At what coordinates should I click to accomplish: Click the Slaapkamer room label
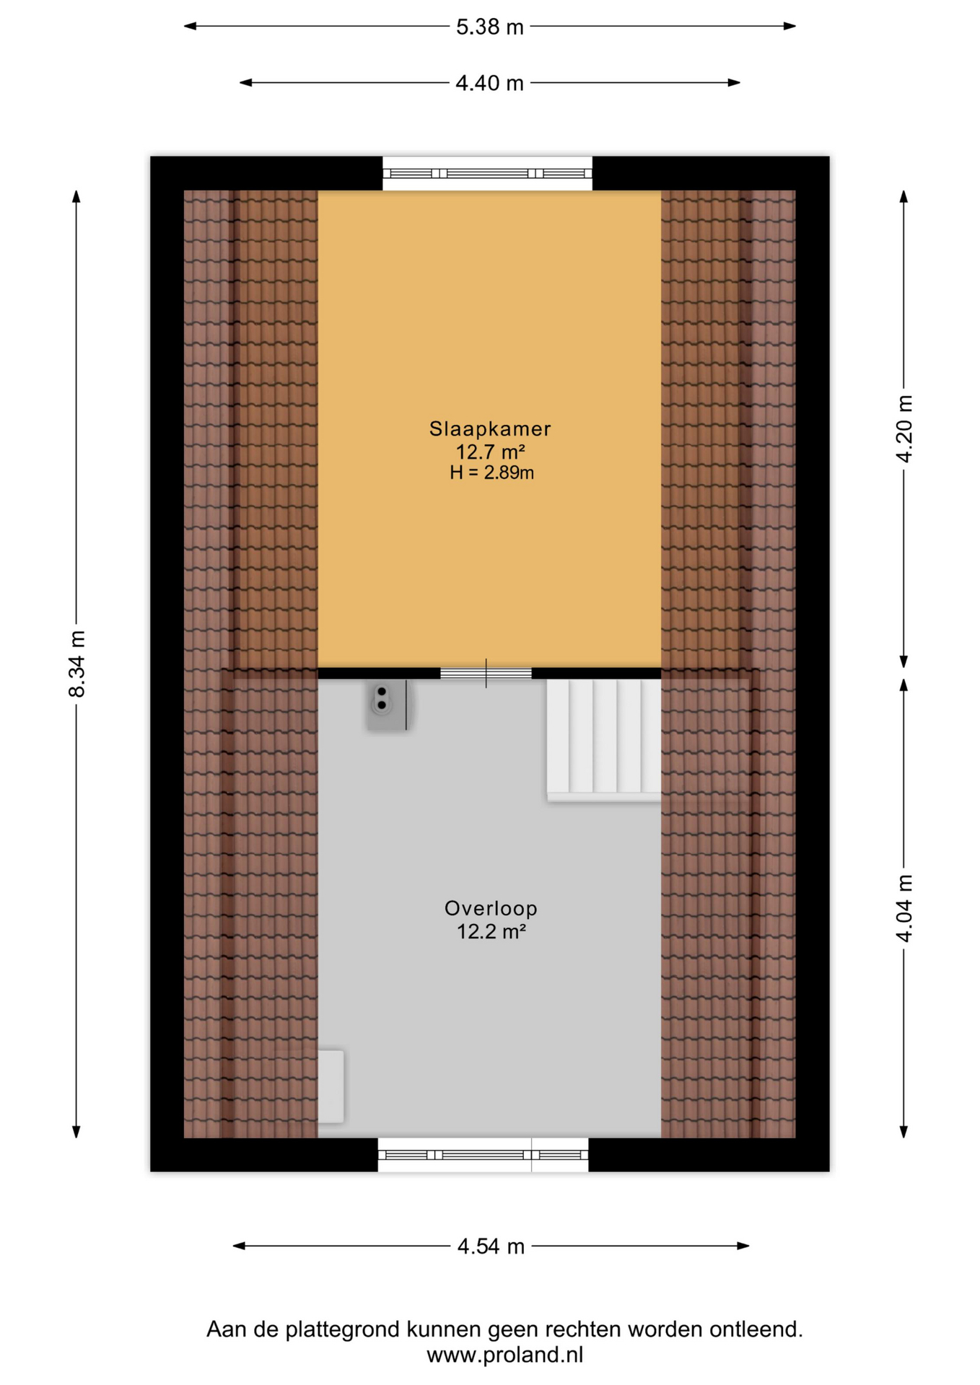(x=490, y=428)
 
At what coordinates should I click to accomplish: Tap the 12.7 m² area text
(x=490, y=452)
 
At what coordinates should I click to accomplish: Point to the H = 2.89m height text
(x=491, y=472)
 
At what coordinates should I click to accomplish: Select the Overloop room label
(x=491, y=908)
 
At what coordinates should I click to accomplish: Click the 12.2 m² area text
(x=491, y=931)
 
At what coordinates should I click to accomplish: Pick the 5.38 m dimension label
(x=489, y=27)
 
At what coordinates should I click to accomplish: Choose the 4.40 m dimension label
(x=489, y=83)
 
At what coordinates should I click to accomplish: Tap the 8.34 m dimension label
(x=76, y=664)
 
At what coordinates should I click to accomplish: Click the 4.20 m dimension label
(x=904, y=428)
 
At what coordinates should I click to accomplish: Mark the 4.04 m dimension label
(x=904, y=908)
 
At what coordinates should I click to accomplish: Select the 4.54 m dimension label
(x=491, y=1246)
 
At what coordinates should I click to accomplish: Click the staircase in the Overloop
(x=603, y=739)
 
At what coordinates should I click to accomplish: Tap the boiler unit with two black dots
(x=388, y=705)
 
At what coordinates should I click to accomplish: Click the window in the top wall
(x=487, y=173)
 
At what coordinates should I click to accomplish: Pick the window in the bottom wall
(x=483, y=1155)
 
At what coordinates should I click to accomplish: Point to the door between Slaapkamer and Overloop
(x=486, y=673)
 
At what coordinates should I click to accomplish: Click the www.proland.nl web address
(x=504, y=1355)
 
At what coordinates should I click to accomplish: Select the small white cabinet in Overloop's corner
(x=331, y=1086)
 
